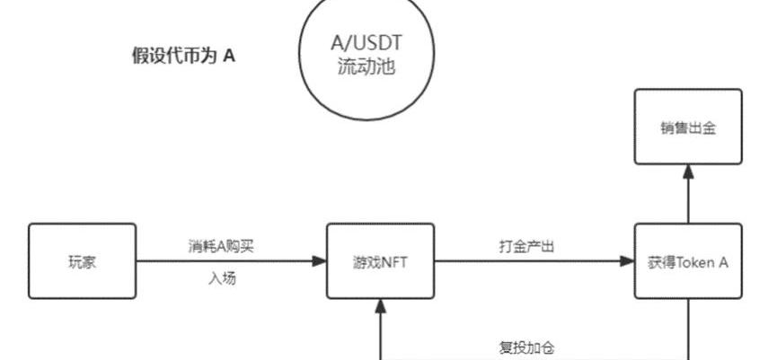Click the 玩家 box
coord(82,261)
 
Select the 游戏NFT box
coord(381,261)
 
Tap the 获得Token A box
coord(688,261)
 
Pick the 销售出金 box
coord(688,127)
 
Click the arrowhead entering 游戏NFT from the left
coord(320,261)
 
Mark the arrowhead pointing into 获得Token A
coord(627,261)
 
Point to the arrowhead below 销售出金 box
coord(688,171)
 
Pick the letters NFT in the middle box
coord(394,261)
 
